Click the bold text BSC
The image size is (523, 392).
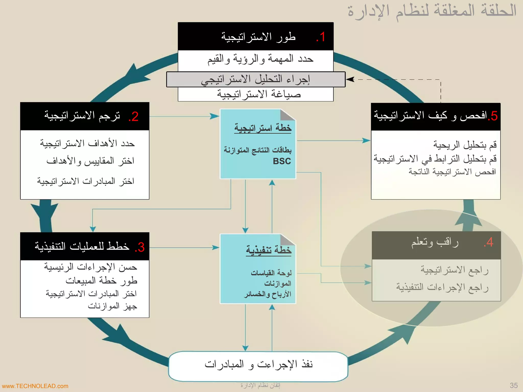282,161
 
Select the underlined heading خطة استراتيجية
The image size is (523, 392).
263,128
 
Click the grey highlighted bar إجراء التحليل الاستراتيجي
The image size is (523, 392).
256,80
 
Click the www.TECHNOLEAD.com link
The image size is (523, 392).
35,386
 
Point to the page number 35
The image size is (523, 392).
514,385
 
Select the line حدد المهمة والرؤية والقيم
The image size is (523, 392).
260,59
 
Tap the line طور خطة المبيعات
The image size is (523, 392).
101,281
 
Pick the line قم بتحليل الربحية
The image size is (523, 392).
465,145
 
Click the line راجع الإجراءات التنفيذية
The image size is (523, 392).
442,287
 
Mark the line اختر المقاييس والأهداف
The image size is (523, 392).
90,161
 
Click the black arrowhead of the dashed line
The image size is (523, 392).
350,79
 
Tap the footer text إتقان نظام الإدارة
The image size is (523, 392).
260,385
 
